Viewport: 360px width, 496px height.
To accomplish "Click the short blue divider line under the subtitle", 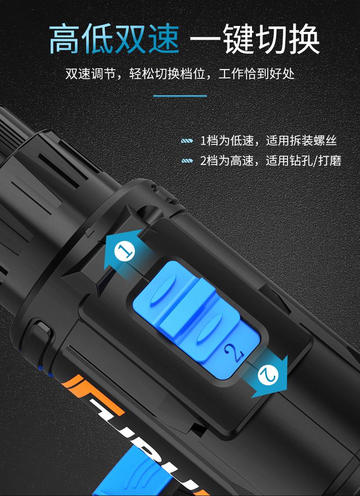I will tap(180, 96).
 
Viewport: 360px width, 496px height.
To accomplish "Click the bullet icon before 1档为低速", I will tap(187, 141).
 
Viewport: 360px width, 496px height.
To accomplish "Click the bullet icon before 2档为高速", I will tap(187, 161).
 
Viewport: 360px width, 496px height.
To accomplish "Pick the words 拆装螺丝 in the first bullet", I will tap(318, 141).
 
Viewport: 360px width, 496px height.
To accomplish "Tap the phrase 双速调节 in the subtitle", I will tap(85, 73).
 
